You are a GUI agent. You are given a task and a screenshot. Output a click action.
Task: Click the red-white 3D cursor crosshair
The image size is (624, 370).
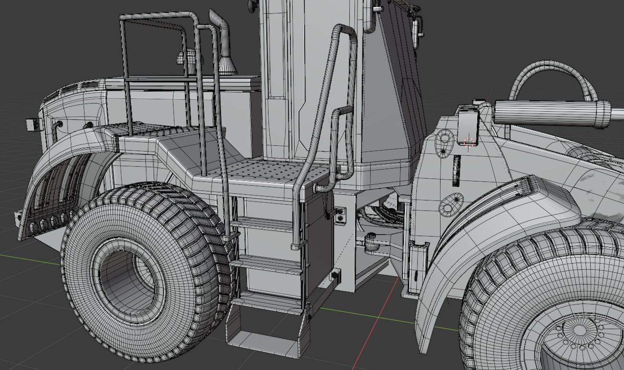click(469, 142)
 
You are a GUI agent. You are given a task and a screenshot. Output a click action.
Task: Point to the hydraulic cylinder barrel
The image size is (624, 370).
click(551, 113)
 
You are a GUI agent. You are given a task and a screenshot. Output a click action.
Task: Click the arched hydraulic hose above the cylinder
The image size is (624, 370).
click(551, 71)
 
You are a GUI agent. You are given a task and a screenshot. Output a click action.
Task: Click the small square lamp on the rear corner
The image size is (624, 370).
click(32, 124)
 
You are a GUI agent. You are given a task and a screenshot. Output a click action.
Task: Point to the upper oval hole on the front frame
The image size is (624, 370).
click(445, 138)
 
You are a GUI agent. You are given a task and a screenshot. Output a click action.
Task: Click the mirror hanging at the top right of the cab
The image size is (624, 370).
click(417, 28)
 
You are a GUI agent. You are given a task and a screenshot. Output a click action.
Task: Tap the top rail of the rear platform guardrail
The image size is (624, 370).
click(157, 16)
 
